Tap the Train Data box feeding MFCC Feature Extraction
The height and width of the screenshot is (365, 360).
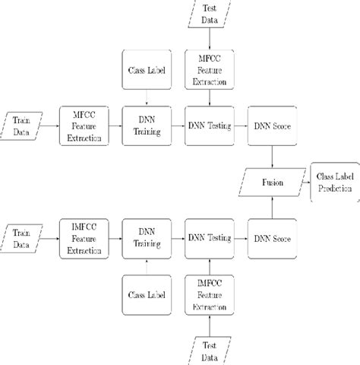23,123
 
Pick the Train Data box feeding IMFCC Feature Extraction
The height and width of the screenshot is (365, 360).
23,236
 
